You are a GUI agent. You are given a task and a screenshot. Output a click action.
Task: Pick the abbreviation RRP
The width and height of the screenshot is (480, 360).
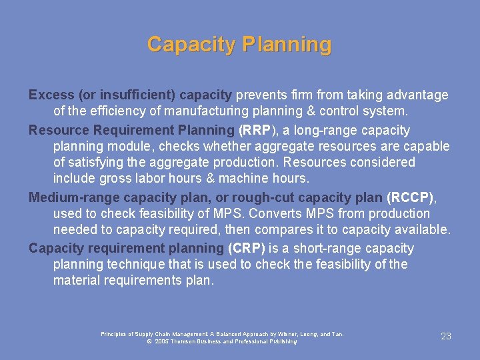[254, 130]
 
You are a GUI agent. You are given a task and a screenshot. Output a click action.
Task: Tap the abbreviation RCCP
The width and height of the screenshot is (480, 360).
[410, 197]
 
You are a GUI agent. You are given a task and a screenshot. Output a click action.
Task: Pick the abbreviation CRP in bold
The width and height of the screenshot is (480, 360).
[247, 248]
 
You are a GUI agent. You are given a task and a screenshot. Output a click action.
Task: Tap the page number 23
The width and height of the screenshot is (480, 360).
[446, 336]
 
